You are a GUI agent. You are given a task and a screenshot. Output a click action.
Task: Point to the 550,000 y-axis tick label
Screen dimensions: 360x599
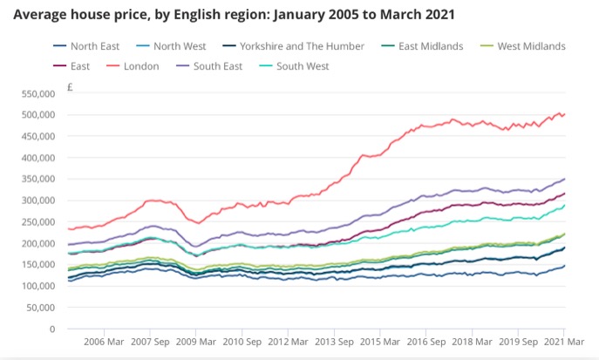37,93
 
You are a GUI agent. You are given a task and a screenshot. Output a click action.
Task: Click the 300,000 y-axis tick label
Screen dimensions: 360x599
37,200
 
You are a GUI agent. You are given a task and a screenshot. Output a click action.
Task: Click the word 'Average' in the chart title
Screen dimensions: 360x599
44,16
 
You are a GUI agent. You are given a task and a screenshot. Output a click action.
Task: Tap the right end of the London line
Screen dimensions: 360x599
565,113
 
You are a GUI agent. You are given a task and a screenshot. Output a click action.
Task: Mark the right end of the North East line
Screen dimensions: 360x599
565,266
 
